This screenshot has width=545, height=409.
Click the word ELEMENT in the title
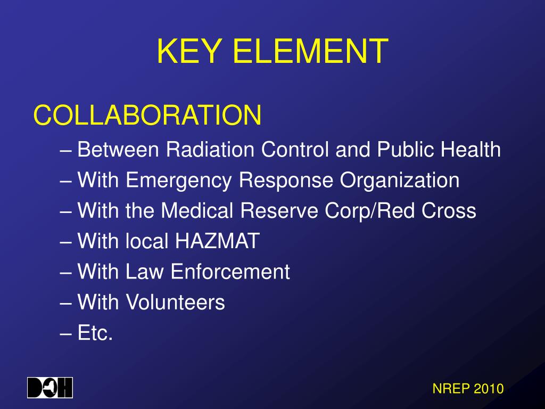[x=310, y=52]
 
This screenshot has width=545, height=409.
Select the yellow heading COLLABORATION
[x=147, y=116]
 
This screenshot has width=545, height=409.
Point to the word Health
[x=472, y=150]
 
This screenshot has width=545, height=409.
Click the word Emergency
[x=179, y=181]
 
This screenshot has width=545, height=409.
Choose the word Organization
[x=400, y=181]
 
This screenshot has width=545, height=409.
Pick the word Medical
[x=197, y=211]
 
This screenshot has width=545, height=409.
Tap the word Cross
[x=449, y=211]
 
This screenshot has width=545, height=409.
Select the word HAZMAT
[x=216, y=242]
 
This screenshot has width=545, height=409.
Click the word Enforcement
[x=230, y=272]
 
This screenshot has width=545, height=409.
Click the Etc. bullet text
[x=95, y=333]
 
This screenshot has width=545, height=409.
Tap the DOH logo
[x=50, y=388]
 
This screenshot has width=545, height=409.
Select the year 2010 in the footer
[x=489, y=389]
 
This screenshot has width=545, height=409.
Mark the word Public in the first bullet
[x=406, y=150]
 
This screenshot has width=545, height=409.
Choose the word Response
[x=287, y=181]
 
